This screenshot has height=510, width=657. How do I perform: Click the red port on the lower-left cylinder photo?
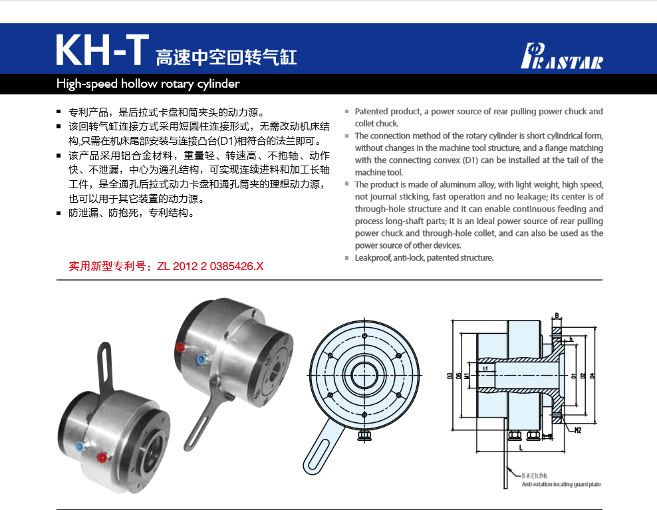tap(102, 457)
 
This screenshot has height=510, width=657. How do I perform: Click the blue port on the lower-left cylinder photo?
tap(81, 446)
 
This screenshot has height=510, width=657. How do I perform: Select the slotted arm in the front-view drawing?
tap(324, 450)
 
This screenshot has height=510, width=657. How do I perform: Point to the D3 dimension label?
tap(450, 376)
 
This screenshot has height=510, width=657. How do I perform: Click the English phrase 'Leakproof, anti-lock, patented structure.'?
tap(424, 258)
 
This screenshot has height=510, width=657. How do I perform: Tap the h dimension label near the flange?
tap(571, 339)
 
